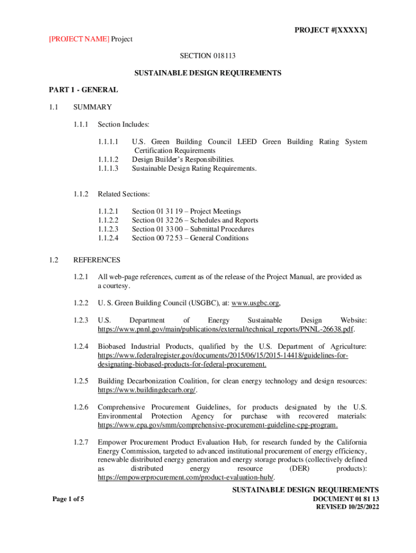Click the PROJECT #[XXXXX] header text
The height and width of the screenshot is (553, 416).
(x=331, y=30)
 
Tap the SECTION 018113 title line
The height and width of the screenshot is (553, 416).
(x=208, y=55)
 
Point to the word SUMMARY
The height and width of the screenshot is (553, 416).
(x=92, y=107)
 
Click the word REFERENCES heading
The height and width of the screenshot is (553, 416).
(x=97, y=260)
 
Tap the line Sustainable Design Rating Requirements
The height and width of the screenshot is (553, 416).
(x=194, y=168)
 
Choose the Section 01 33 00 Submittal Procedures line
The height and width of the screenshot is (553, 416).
(x=192, y=229)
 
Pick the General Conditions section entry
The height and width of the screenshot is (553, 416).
(x=190, y=238)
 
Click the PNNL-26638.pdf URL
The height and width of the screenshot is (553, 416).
(x=226, y=329)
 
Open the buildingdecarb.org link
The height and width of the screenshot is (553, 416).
(x=146, y=389)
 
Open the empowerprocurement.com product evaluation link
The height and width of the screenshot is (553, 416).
(x=185, y=477)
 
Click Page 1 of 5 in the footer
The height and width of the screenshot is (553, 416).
(x=68, y=499)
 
